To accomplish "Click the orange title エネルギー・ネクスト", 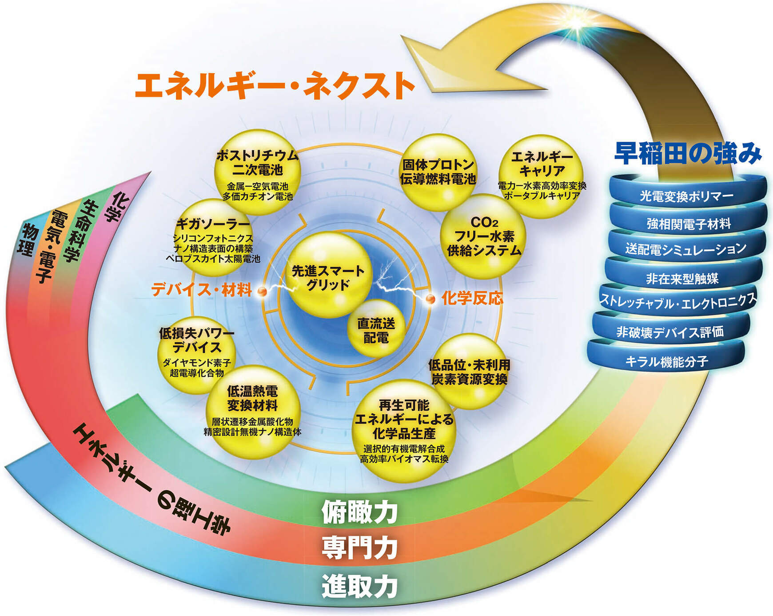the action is [275, 86].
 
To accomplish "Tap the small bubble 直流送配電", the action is [376, 329].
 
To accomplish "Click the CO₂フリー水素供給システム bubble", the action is [483, 236].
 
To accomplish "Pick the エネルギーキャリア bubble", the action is [542, 176].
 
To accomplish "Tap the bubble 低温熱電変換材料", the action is [252, 411].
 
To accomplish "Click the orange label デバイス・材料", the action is [202, 290].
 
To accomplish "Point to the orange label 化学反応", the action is [472, 298].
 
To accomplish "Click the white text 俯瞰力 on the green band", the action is [359, 513].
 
